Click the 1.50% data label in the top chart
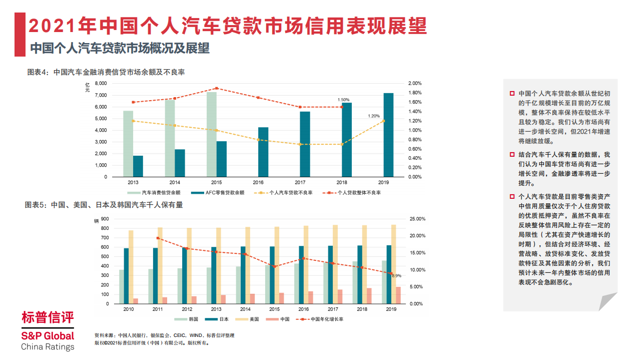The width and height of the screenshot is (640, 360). (x=344, y=100)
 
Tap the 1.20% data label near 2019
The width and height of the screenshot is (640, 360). (x=374, y=116)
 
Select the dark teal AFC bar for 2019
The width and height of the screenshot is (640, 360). (x=388, y=135)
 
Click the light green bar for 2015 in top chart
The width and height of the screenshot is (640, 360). (x=212, y=134)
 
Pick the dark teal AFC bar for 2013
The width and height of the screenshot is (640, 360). (x=138, y=166)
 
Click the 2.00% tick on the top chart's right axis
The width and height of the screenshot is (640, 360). (x=415, y=83)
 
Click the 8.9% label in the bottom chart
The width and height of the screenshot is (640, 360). (x=396, y=276)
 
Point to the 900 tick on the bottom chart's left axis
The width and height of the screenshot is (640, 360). (x=105, y=219)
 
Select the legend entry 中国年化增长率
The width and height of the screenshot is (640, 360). (x=326, y=319)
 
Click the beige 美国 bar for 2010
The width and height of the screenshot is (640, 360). (x=131, y=267)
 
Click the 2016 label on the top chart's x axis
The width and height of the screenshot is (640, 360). (x=258, y=183)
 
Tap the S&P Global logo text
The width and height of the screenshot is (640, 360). (x=48, y=336)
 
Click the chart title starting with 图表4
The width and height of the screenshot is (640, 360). (x=106, y=72)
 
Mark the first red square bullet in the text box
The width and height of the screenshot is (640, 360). (x=512, y=94)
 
